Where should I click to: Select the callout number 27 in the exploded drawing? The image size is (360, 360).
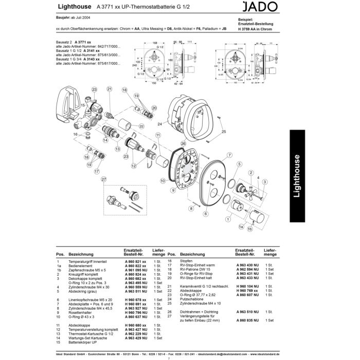[x=103, y=179]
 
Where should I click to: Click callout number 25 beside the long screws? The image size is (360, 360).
[x=224, y=132]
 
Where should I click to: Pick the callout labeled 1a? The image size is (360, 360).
[x=240, y=226]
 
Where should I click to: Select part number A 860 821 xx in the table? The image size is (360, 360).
[x=135, y=262]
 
